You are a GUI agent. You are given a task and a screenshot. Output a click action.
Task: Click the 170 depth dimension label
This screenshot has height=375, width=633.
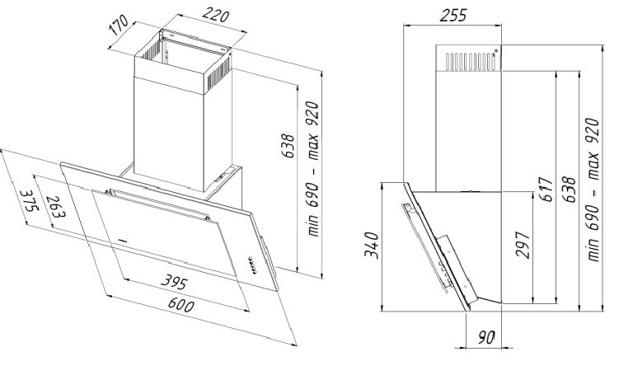click(119, 25)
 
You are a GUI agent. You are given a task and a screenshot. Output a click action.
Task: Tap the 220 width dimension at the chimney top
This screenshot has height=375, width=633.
click(216, 15)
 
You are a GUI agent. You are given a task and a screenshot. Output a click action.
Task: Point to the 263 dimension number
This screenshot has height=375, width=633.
click(56, 207)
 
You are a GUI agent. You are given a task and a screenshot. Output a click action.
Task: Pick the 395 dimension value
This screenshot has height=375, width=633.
click(175, 281)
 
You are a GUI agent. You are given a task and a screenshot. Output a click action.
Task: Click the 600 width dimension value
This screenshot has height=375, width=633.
click(181, 305)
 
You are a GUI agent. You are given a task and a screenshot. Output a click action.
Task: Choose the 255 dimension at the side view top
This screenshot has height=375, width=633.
click(452, 16)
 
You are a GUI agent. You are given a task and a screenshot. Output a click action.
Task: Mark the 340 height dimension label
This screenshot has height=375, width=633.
click(371, 245)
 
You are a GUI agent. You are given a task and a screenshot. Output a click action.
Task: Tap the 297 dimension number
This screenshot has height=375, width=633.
click(522, 245)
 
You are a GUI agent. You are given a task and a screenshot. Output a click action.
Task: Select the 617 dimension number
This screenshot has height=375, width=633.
click(545, 189)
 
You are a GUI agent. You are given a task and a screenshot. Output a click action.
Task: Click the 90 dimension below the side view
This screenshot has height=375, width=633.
click(486, 337)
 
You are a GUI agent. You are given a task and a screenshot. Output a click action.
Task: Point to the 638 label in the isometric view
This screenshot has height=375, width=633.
click(288, 145)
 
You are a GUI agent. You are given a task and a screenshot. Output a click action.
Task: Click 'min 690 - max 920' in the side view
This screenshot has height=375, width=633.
click(592, 190)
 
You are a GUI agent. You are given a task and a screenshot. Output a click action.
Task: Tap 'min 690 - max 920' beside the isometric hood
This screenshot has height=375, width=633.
click(312, 169)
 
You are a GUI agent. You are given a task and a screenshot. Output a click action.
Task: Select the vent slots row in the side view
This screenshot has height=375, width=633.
click(471, 60)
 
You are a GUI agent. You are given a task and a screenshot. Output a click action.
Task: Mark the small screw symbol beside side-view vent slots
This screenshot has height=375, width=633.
click(496, 50)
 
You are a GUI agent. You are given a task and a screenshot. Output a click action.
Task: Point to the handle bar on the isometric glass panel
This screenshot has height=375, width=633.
click(157, 204)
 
